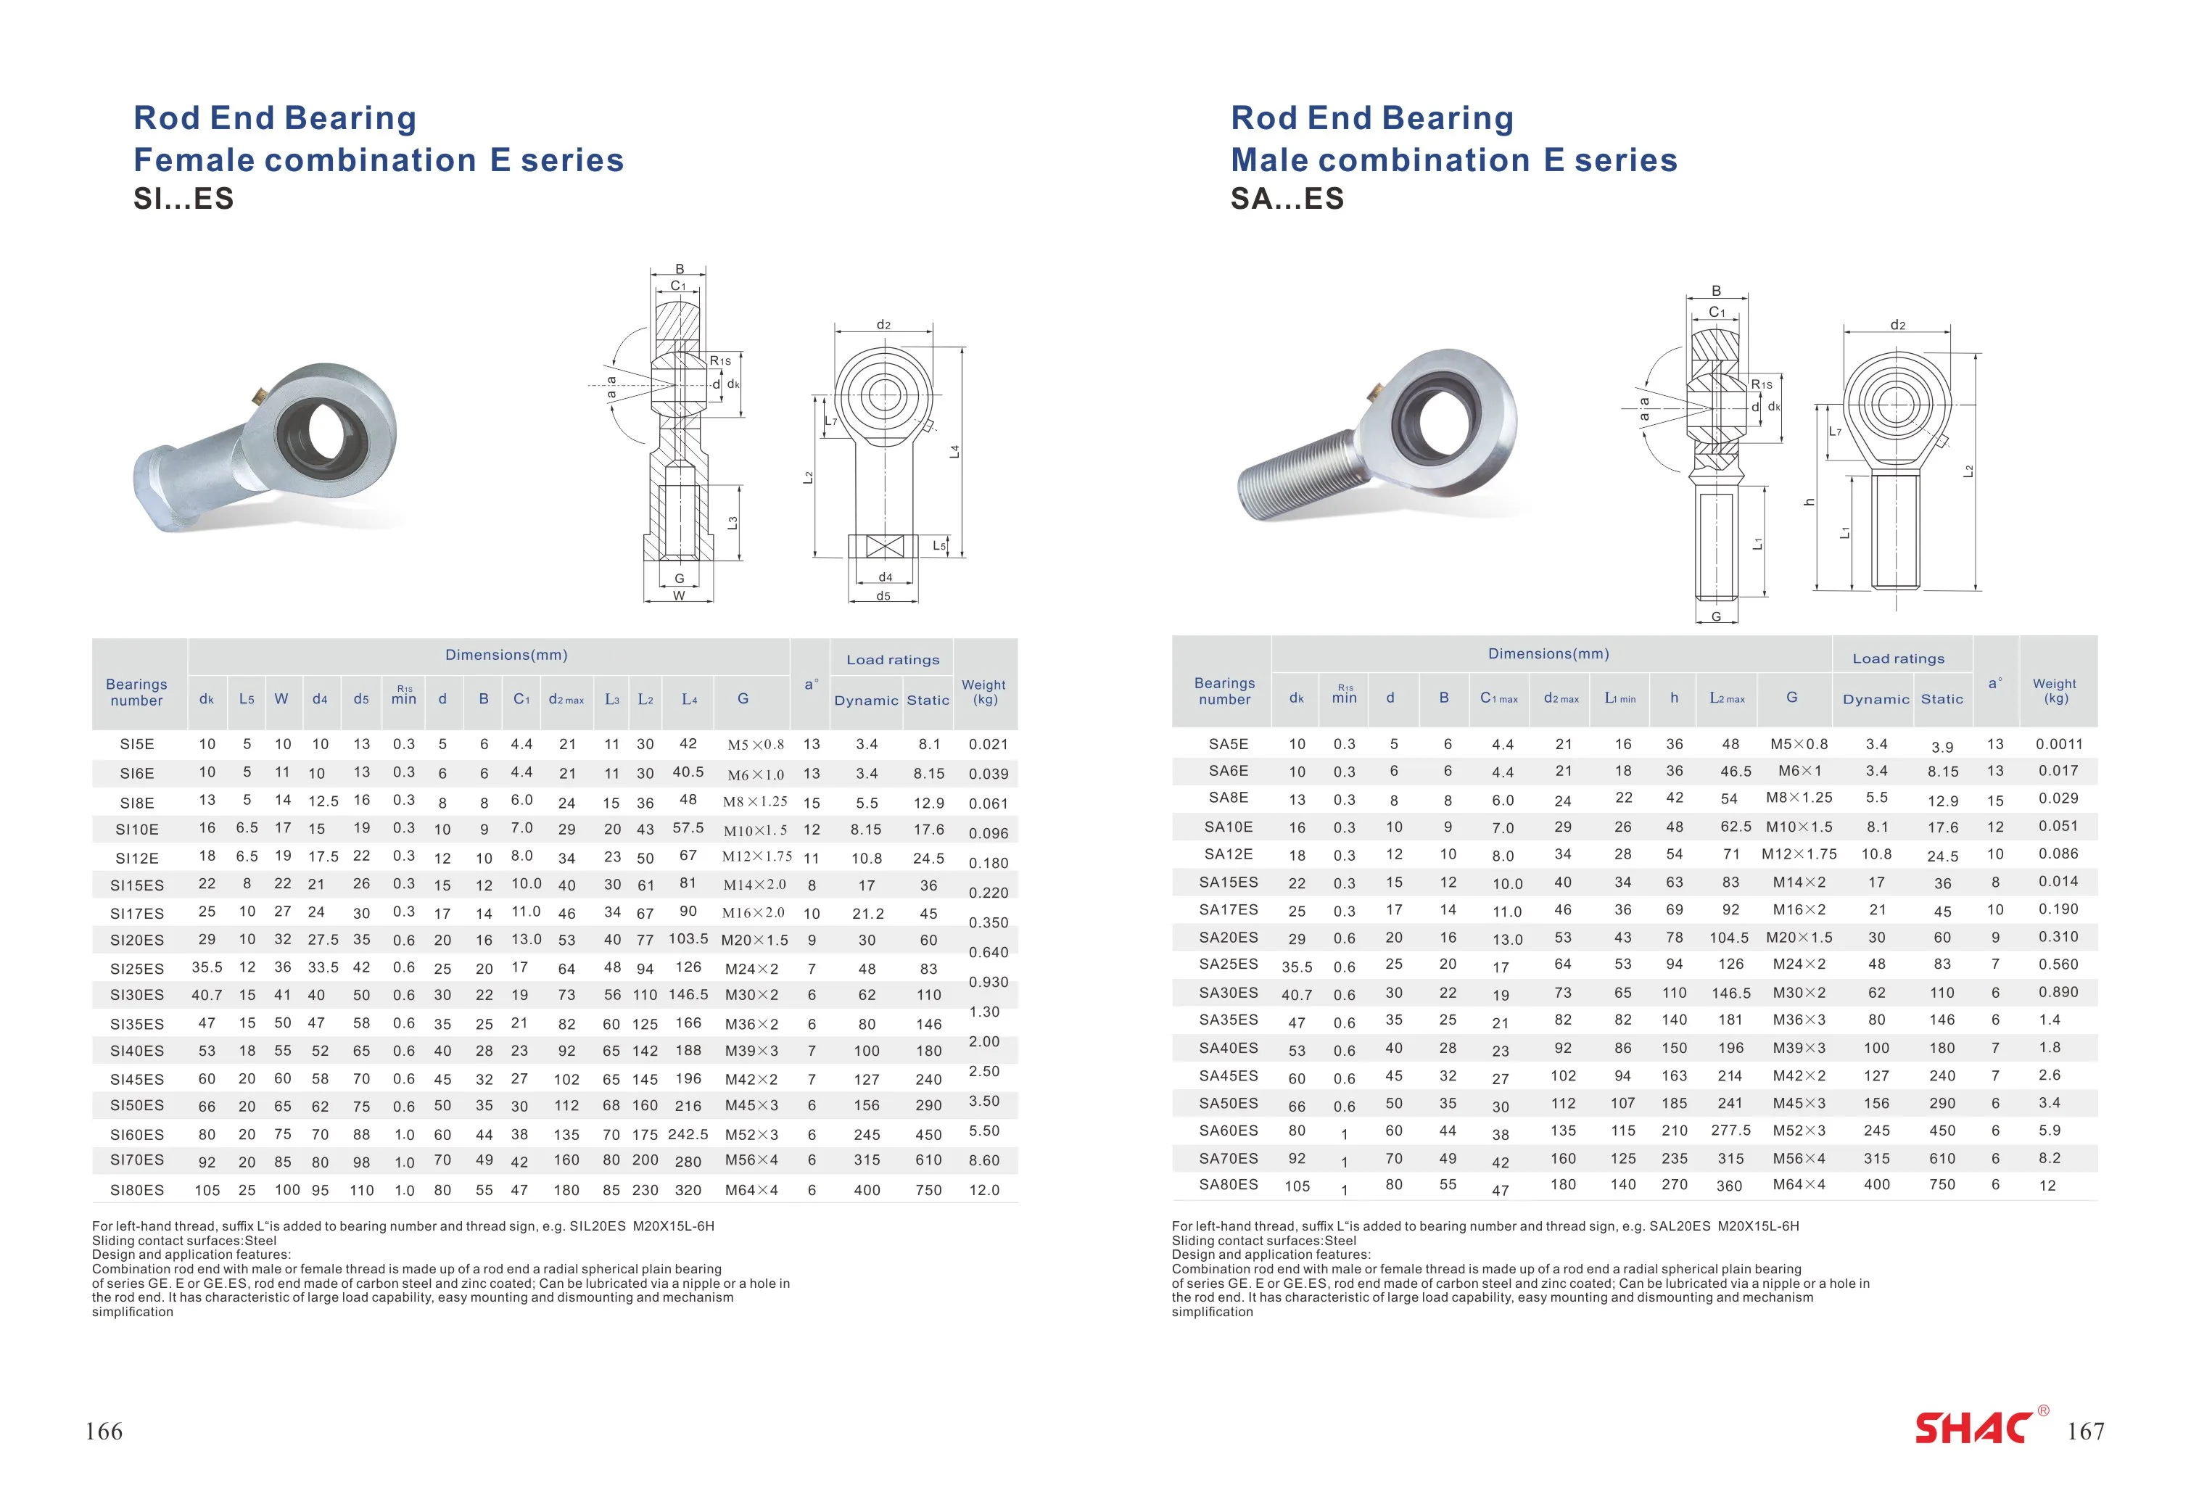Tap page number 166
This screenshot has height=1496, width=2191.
(x=104, y=1431)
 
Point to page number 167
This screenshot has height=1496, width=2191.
(x=2085, y=1431)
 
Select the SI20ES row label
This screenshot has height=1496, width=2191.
(x=136, y=940)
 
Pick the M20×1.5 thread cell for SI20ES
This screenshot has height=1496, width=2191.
(x=754, y=940)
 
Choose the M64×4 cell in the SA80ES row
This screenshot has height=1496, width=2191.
(x=1799, y=1184)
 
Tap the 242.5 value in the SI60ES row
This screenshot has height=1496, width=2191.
(x=688, y=1134)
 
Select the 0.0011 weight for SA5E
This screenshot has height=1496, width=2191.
(x=2059, y=744)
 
